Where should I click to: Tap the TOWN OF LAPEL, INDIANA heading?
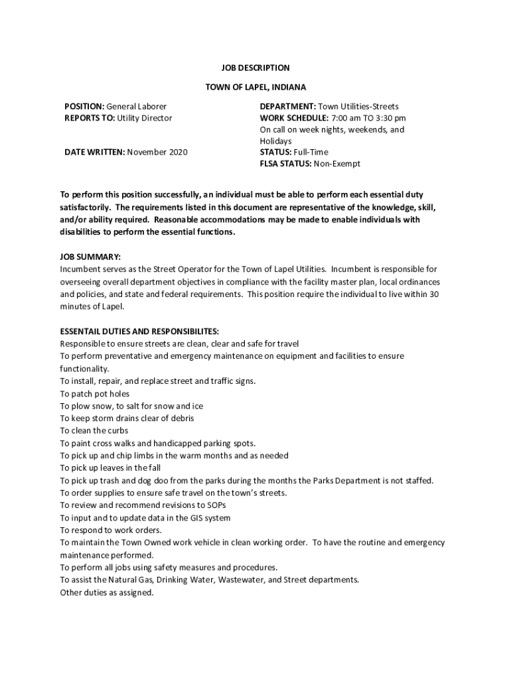(256, 87)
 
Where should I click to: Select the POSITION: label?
(84, 106)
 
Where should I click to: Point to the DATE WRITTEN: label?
(94, 153)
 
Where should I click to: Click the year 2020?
(177, 153)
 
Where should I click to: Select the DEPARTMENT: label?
(287, 106)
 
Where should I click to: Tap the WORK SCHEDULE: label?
(294, 118)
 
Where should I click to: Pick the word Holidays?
(275, 141)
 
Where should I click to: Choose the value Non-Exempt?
(338, 164)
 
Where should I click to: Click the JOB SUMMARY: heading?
(90, 257)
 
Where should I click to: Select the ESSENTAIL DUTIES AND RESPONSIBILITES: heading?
(139, 332)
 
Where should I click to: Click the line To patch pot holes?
(95, 393)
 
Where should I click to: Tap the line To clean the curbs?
(94, 430)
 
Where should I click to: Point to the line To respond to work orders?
(111, 530)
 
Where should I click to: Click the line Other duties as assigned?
(107, 592)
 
